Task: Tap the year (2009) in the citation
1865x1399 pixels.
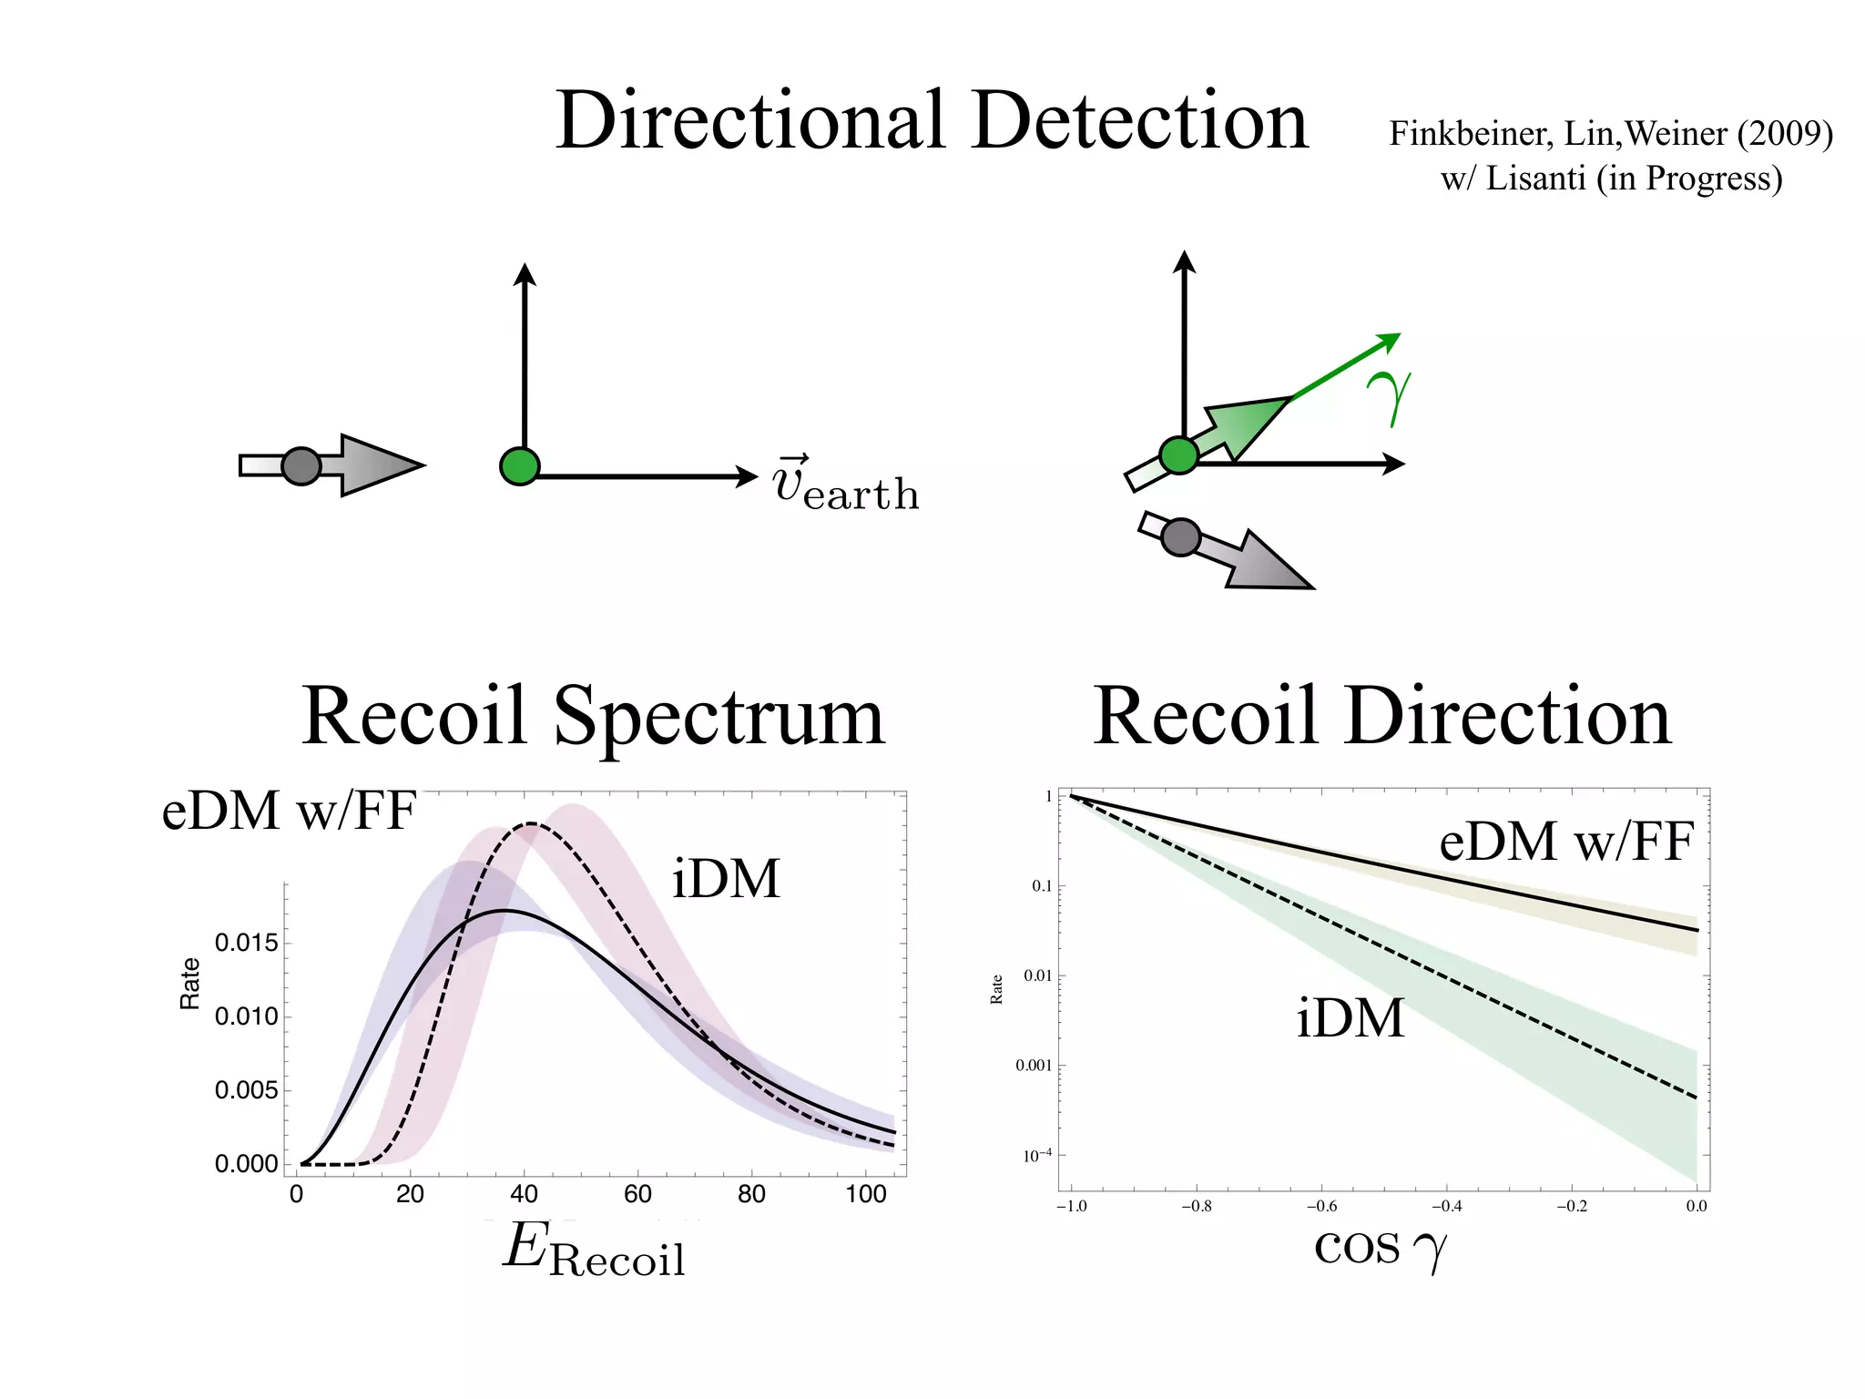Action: [1784, 134]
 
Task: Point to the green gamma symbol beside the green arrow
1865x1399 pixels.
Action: [1389, 397]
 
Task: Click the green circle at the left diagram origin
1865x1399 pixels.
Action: [520, 466]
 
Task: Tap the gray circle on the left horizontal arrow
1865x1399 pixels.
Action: [301, 466]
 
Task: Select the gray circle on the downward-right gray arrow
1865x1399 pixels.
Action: [1181, 537]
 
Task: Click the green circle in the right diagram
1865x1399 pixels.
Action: [1179, 454]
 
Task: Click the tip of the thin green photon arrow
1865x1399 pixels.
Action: [1398, 335]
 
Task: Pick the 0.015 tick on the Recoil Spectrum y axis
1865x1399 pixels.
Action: [246, 943]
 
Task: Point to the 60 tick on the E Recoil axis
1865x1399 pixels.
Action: [637, 1194]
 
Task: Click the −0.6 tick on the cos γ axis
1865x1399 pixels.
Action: [1321, 1207]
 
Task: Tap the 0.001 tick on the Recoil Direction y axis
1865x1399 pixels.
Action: [1034, 1066]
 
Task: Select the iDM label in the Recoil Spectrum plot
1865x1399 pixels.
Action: [726, 879]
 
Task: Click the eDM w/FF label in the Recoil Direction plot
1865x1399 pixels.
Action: [1565, 841]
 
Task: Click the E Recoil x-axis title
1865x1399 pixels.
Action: [594, 1250]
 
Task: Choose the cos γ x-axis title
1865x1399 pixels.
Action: [1380, 1247]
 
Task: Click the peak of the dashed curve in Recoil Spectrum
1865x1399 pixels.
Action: [531, 824]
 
